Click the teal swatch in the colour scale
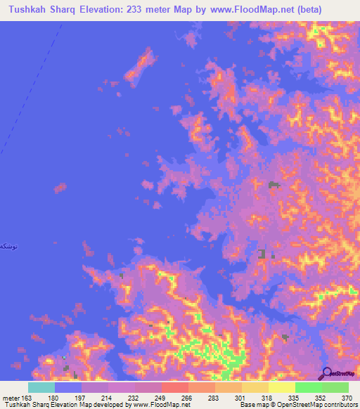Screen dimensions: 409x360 tap(41, 387)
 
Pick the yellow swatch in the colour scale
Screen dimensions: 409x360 tap(282, 387)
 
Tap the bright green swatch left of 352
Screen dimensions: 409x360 tap(309, 387)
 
